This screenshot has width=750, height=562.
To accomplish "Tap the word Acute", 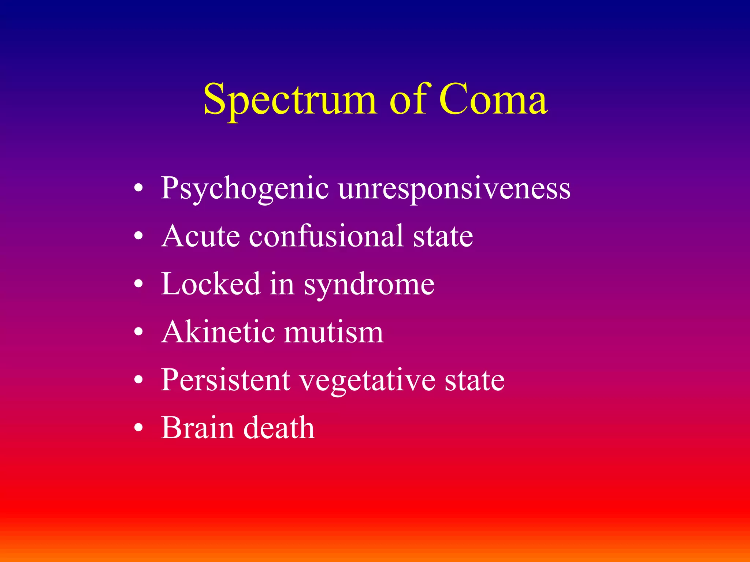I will coord(201,236).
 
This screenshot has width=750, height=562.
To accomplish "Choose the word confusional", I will coord(326,236).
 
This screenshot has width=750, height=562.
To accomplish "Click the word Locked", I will coord(211,284).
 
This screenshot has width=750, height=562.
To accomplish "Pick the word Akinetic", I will coord(218,332).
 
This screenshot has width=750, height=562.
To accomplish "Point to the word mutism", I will coord(334,332).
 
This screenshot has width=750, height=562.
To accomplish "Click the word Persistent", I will coord(226,380).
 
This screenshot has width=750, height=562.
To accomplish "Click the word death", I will coord(279,428).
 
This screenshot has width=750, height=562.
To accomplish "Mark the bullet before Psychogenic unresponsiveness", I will coord(138,189).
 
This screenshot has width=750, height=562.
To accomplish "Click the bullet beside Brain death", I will coord(138,428).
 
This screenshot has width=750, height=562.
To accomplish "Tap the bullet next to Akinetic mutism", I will coord(138,332).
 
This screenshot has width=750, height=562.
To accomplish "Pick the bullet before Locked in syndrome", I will coord(138,284).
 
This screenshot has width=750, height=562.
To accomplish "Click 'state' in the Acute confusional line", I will coord(443,236).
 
